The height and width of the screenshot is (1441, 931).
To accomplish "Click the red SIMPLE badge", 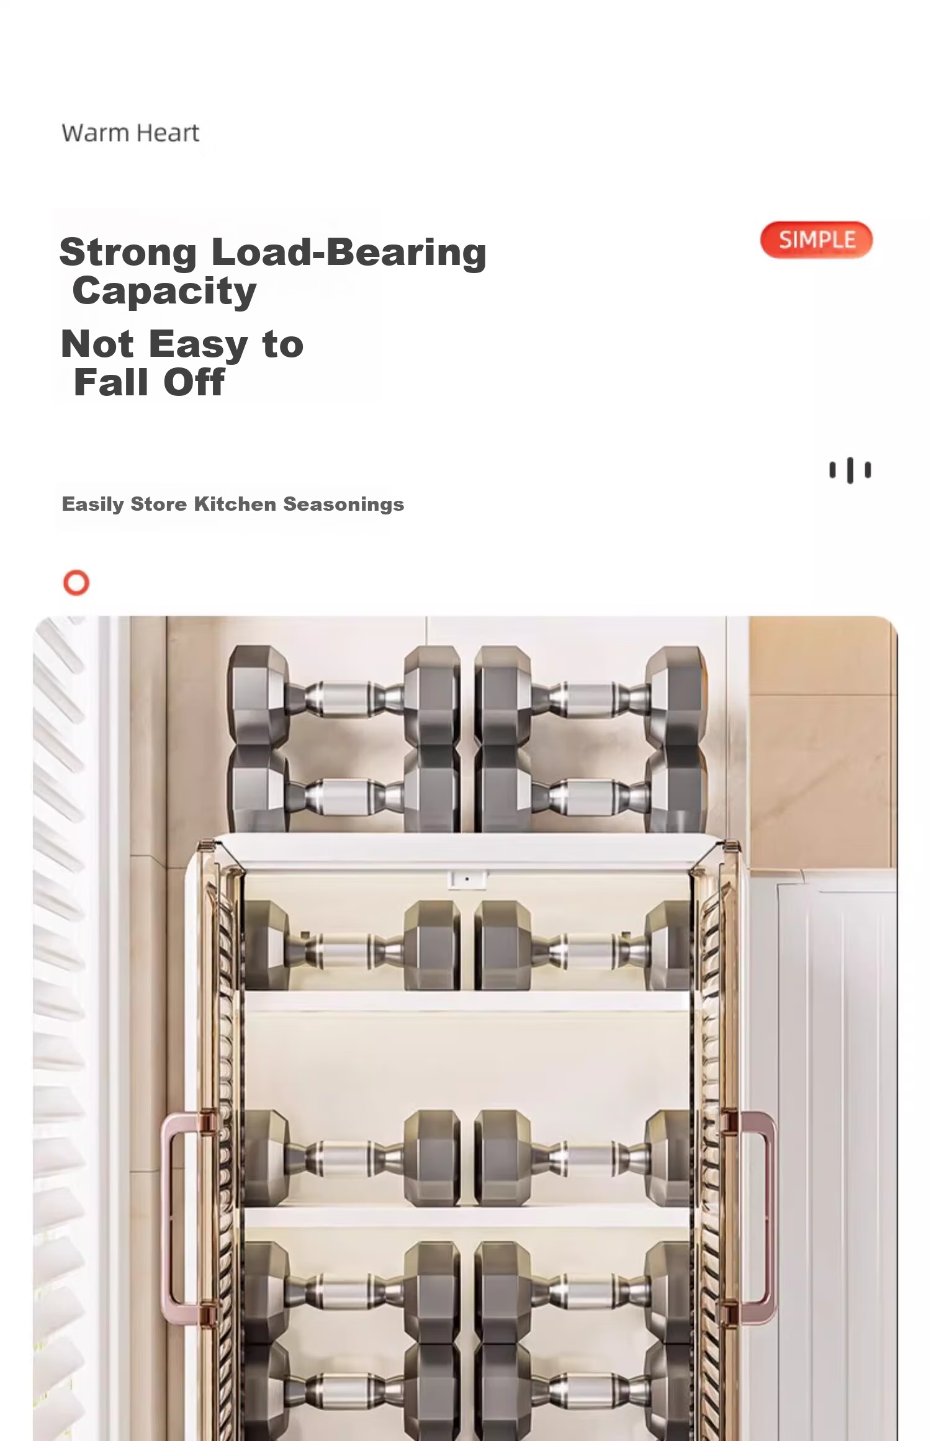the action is (816, 240).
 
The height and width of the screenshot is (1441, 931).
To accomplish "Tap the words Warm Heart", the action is (130, 133).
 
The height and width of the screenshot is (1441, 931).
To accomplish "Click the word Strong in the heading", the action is (128, 253).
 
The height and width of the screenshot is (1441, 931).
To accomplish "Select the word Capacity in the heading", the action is (164, 292).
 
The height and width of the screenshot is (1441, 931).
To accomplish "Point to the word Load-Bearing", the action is (349, 253).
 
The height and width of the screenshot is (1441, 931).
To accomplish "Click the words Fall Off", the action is (149, 382).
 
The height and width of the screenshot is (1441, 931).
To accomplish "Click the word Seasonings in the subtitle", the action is (343, 505).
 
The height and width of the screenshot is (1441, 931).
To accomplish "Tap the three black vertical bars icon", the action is (850, 470).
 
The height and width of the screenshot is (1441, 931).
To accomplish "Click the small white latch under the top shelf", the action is (467, 879).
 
